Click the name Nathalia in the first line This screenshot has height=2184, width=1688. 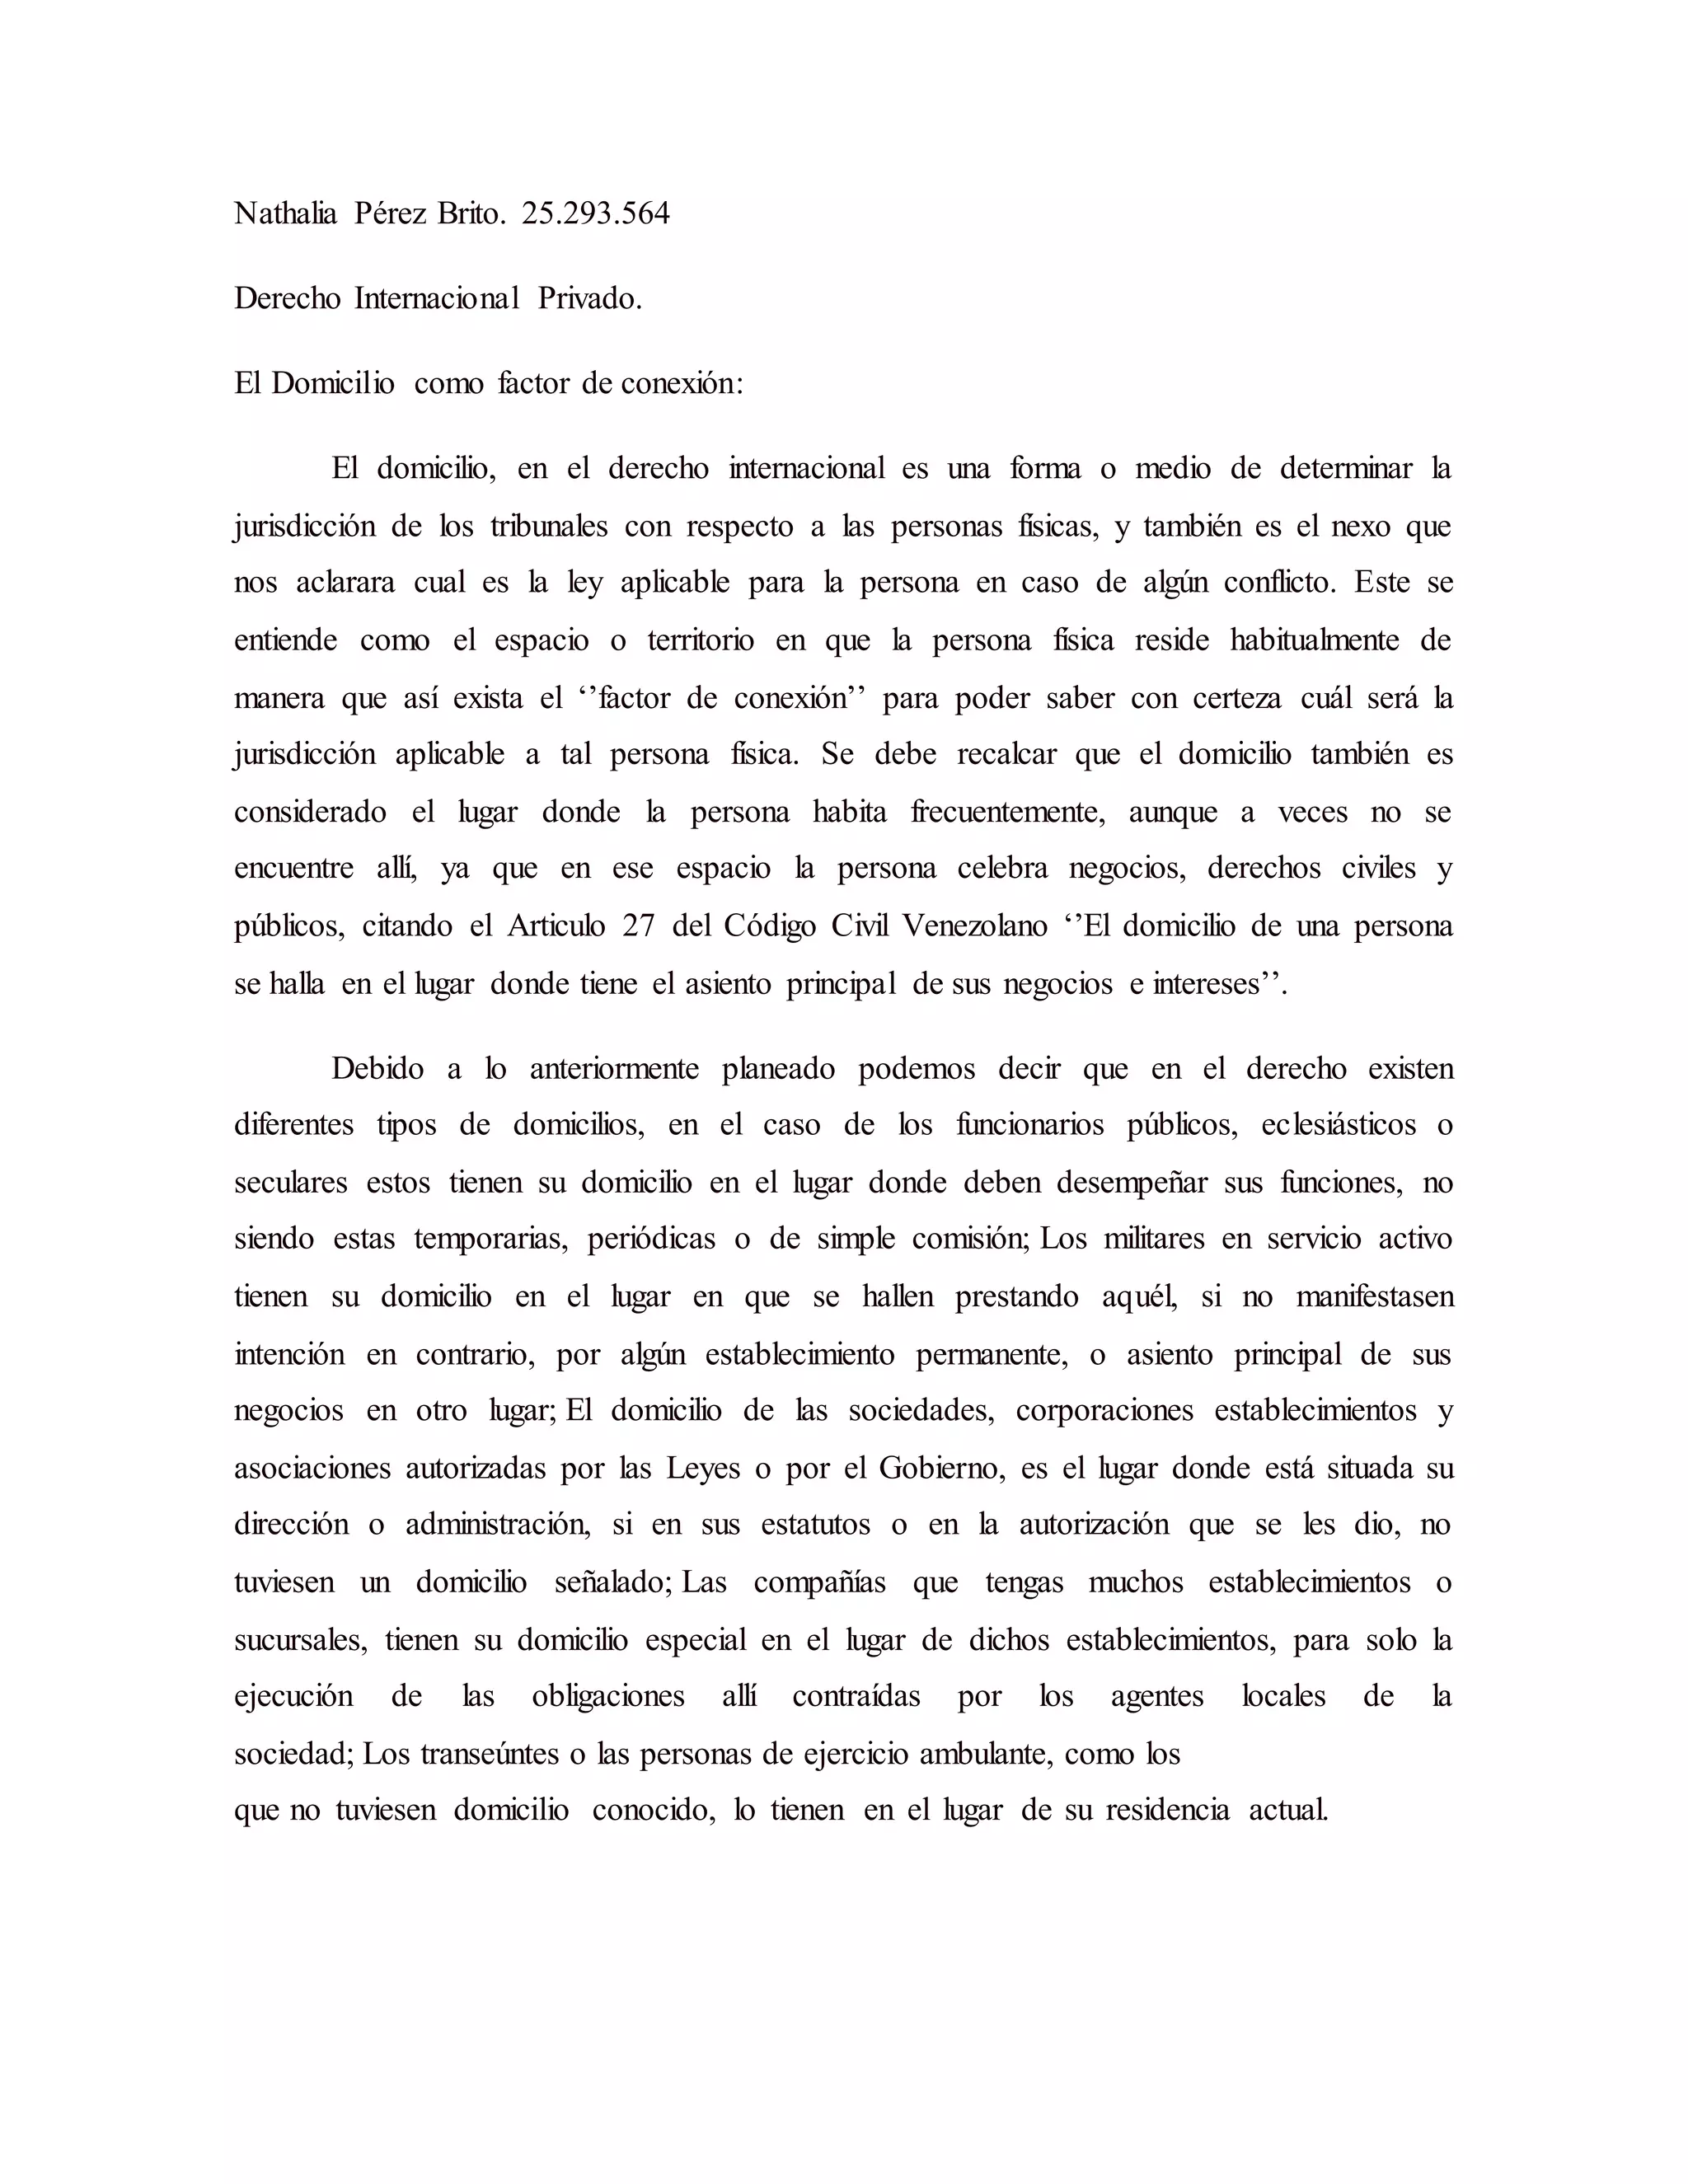(285, 214)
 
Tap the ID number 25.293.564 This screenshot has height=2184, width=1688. (595, 214)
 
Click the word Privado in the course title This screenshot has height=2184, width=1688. (589, 299)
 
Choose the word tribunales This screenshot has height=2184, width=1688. (549, 527)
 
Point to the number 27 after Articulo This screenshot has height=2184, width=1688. (638, 926)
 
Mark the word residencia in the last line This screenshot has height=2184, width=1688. (1167, 1811)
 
